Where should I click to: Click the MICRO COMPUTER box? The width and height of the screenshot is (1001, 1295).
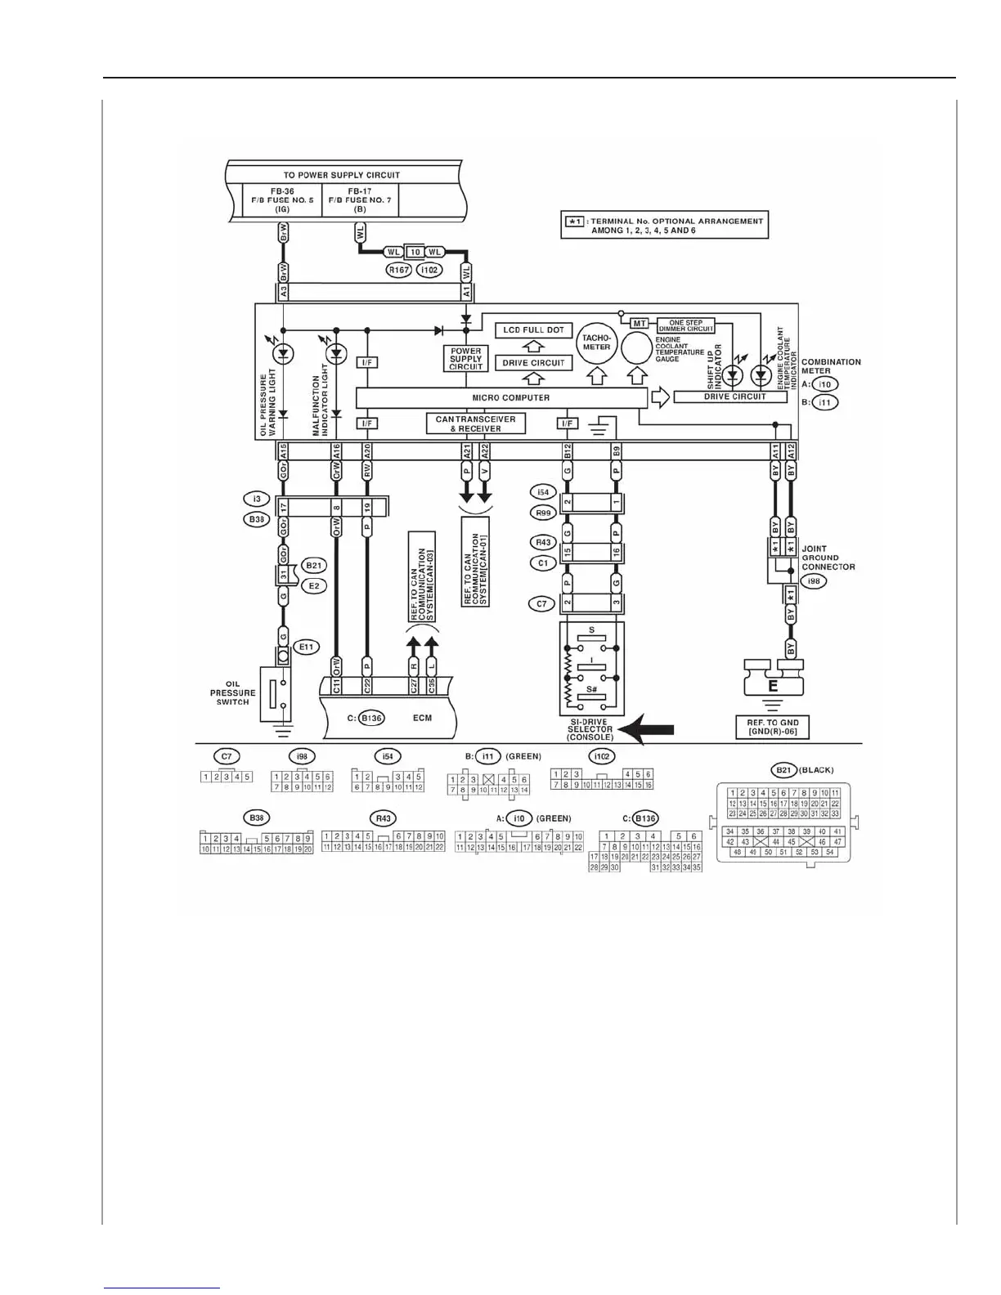tap(500, 398)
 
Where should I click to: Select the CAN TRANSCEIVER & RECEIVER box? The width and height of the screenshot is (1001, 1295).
tap(475, 423)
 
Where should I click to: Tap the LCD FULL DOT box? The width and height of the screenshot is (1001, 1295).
tap(533, 330)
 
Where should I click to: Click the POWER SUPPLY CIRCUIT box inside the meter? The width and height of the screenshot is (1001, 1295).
tap(465, 359)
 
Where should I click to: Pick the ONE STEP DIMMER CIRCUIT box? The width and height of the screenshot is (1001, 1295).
tap(685, 325)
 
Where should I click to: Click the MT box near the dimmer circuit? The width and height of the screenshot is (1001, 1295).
tap(640, 324)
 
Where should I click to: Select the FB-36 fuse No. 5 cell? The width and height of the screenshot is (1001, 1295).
tap(283, 200)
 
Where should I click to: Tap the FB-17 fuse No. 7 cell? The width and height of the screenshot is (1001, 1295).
tap(360, 200)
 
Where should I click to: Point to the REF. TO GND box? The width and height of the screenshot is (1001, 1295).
tap(772, 727)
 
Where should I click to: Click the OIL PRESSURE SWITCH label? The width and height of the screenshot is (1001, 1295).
tap(232, 693)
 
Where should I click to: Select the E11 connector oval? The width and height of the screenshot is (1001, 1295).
tap(306, 647)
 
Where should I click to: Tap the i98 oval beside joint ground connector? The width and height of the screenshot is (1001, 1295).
tap(815, 581)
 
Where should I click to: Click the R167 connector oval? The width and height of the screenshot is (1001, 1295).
tap(398, 269)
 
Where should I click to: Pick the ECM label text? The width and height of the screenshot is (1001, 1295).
tap(422, 718)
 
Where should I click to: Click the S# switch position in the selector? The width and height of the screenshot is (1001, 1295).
tap(592, 689)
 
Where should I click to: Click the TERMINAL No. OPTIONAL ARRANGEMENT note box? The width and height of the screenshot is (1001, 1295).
tap(664, 226)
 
